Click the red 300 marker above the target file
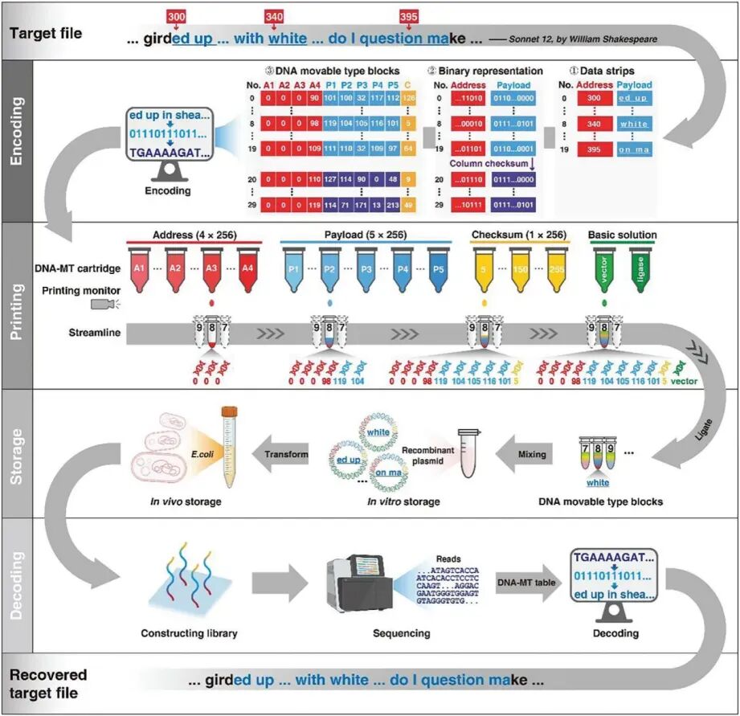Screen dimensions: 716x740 click(176, 17)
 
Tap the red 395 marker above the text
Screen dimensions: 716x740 click(407, 17)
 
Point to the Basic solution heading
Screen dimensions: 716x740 click(621, 235)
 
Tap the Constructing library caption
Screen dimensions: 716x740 click(189, 633)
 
